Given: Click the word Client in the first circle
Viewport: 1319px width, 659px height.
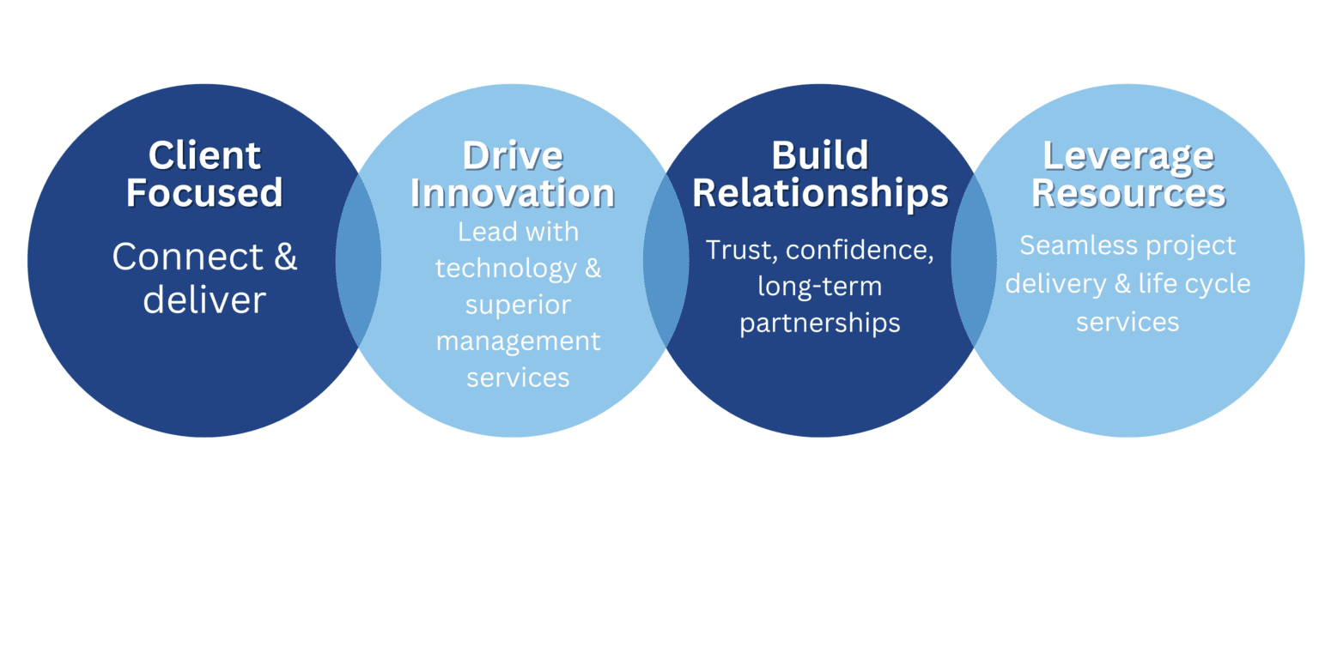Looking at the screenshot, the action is pos(204,155).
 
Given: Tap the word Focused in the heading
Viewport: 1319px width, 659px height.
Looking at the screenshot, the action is pos(204,192).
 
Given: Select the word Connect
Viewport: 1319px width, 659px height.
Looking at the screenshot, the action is pos(188,257).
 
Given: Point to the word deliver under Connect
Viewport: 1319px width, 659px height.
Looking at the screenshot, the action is pos(204,299).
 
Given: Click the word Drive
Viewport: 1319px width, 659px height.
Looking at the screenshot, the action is pos(513,155).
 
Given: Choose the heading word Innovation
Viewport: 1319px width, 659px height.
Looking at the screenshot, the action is pos(513,192).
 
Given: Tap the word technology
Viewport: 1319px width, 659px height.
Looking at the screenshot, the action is pos(506,269).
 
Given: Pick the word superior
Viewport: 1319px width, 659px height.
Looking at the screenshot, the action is pos(518,305).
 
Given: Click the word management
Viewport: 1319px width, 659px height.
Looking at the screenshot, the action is pos(518,342).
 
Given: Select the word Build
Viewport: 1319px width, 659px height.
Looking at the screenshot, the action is pos(820,155).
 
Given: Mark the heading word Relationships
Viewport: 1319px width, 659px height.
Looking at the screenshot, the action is pos(820,194).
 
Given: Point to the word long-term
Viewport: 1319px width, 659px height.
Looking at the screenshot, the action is pos(820,287).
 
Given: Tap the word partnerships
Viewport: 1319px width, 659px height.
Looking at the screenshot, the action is pos(820,323).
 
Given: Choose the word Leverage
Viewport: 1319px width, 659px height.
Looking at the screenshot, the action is pos(1128,156).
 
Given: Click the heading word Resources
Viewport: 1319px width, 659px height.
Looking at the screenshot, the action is pos(1128,192).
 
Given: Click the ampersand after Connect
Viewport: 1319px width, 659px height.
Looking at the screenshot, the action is pos(286,257).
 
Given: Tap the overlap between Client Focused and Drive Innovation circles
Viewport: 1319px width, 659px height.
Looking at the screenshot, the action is pos(358,260).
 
